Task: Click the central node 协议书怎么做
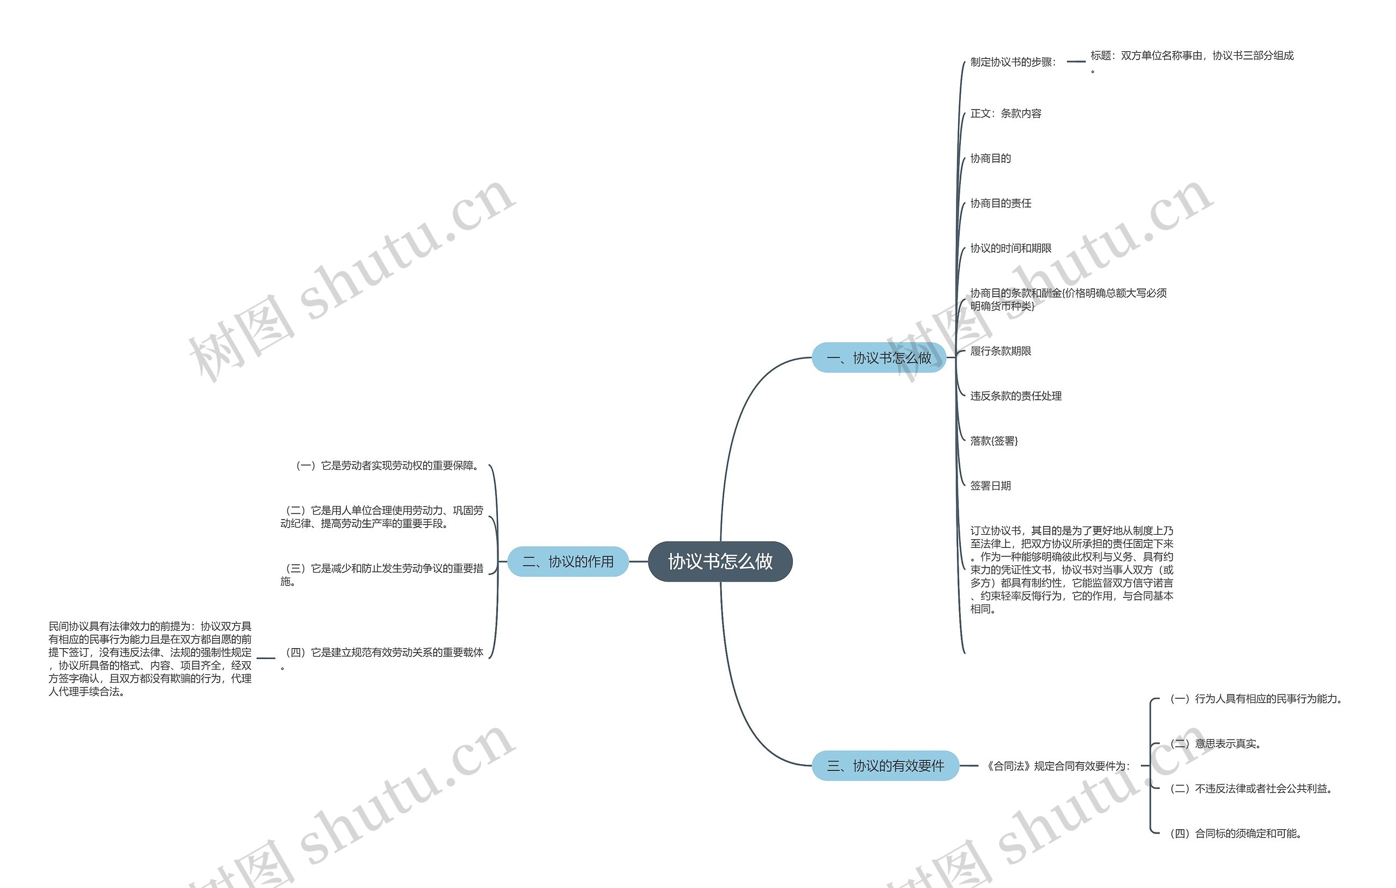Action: (720, 561)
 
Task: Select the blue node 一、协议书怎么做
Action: (878, 358)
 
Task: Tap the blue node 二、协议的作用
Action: (568, 561)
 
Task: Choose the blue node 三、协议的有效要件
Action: (884, 766)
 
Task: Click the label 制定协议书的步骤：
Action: (1013, 62)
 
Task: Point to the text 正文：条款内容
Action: (1006, 113)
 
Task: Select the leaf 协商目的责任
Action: (1001, 203)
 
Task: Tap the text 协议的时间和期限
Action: (1010, 248)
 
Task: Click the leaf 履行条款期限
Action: (1001, 351)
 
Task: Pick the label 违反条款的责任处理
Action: (1016, 396)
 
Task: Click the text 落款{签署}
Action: (994, 441)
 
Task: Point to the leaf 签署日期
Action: (990, 486)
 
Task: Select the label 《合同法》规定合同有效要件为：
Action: (1058, 766)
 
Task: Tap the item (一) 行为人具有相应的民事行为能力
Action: (1256, 699)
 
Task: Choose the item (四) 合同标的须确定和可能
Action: (1236, 833)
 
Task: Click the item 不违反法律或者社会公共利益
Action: (1251, 789)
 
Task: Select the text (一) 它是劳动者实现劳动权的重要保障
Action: (387, 466)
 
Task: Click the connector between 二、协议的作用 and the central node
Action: (638, 561)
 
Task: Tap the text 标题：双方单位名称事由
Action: (1192, 56)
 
